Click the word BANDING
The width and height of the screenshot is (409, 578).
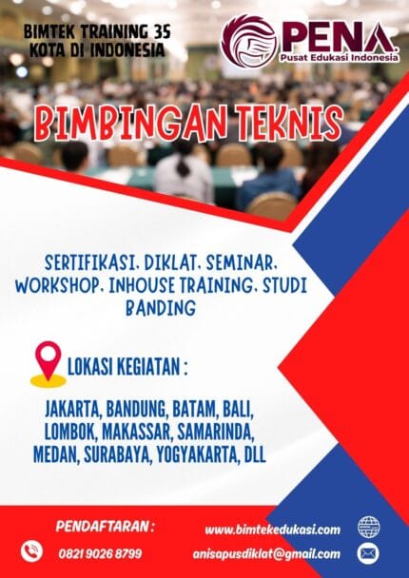(x=159, y=307)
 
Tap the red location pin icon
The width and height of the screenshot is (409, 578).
(x=48, y=361)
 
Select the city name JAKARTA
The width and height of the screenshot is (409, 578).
(x=74, y=410)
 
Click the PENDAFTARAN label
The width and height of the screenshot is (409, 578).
(x=105, y=525)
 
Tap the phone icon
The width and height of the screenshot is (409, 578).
(x=32, y=550)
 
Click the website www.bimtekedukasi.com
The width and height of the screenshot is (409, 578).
(x=272, y=529)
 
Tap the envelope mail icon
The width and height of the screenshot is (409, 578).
(x=368, y=552)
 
